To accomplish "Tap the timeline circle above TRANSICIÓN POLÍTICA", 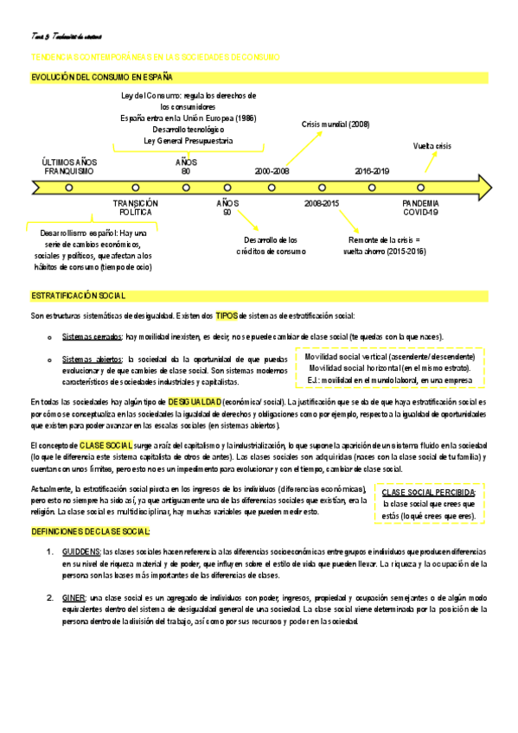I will (136, 187).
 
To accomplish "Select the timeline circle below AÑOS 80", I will (187, 187).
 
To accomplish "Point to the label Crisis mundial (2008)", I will (336, 124).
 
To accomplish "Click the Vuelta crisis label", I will (432, 146).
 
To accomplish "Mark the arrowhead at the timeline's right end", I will (484, 187).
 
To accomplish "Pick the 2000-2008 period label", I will (272, 171).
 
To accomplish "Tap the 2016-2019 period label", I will (372, 171).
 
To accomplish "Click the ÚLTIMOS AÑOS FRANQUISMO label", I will (69, 166).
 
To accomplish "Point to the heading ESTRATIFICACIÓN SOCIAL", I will (79, 296).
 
